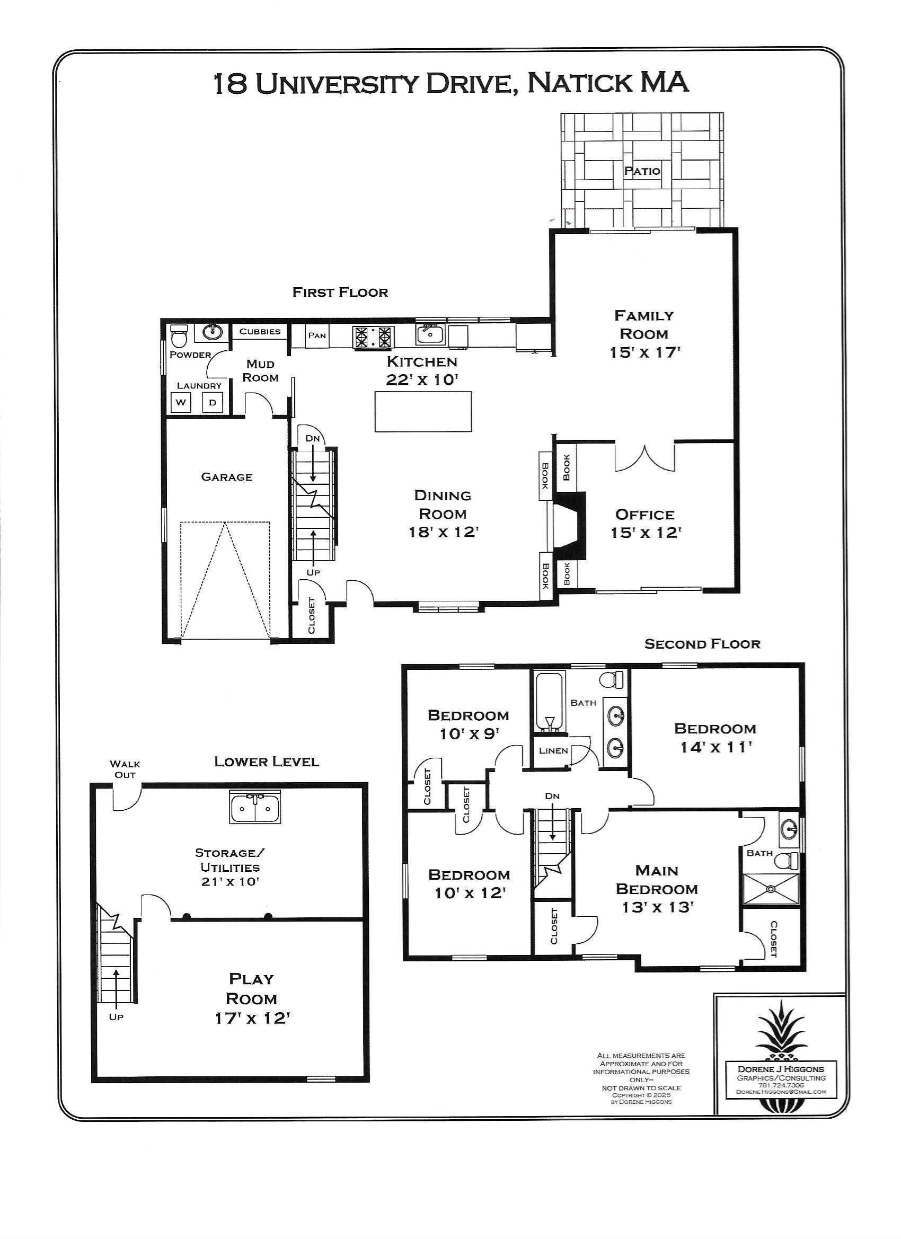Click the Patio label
coord(642,171)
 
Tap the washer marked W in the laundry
coord(181,403)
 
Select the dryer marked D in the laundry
coord(213,403)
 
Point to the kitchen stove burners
coord(374,337)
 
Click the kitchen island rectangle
coord(422,411)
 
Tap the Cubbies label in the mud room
coord(260,331)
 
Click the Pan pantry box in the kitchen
coord(317,335)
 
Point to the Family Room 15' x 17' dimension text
coord(644,352)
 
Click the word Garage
coord(227,477)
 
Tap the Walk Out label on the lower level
coord(125,769)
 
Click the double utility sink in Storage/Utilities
coord(254,809)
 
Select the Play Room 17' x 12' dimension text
coord(251,1019)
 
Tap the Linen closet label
coord(553,750)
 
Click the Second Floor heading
coord(702,644)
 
